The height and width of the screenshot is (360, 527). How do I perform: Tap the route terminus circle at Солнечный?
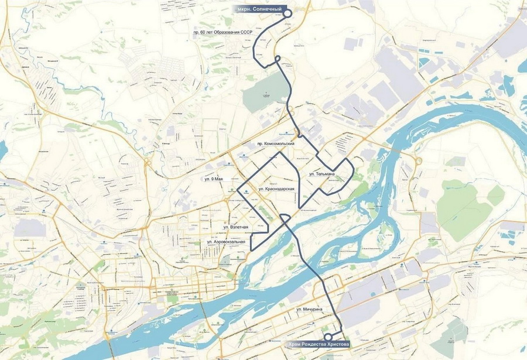tap(287, 12)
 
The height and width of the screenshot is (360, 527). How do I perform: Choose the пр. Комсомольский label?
tap(274, 143)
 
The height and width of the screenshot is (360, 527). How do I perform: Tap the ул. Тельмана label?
tap(321, 174)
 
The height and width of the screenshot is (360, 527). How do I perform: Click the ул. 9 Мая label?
tap(215, 178)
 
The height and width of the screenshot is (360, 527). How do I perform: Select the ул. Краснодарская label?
tap(275, 189)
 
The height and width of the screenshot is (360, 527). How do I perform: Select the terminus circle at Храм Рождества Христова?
tap(328, 337)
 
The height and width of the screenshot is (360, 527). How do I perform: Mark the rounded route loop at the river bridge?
tap(283, 219)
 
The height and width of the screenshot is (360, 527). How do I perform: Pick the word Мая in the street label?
tap(223, 178)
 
